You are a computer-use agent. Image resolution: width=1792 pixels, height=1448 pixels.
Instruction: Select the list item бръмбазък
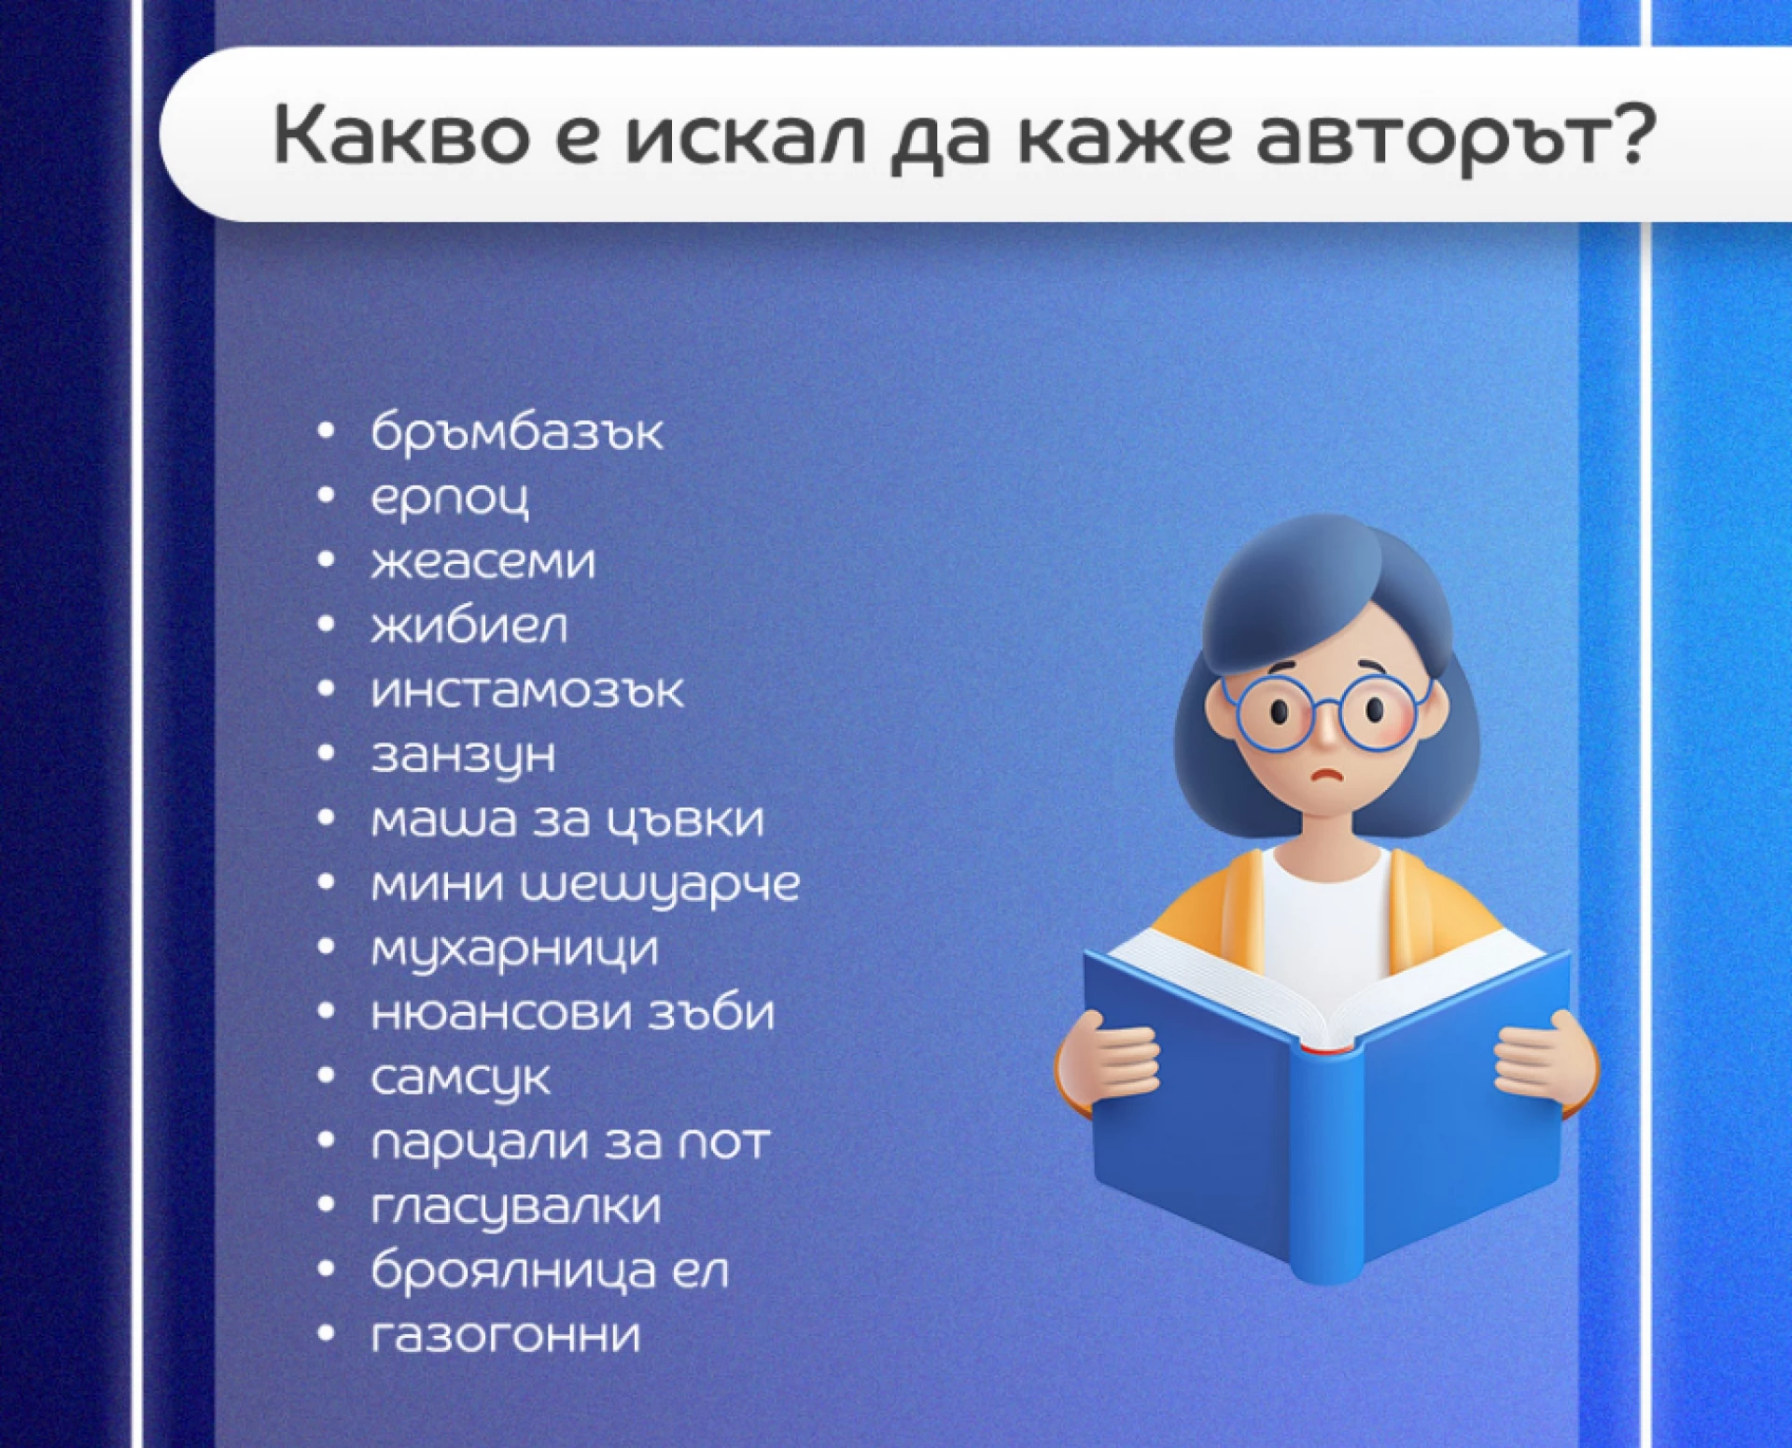click(x=516, y=431)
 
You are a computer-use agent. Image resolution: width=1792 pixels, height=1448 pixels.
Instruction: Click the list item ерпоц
click(x=449, y=499)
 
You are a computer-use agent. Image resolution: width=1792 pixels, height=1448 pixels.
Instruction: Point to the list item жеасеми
click(x=483, y=561)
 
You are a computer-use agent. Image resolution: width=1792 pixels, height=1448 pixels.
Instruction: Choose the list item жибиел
click(x=469, y=626)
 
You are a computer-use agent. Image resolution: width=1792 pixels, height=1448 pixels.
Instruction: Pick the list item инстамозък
click(x=526, y=691)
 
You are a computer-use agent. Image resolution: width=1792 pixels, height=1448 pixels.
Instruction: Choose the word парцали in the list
click(x=482, y=1143)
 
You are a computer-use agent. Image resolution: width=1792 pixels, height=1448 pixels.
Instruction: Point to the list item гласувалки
click(x=515, y=1206)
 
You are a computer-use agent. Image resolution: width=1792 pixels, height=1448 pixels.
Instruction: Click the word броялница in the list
click(x=513, y=1271)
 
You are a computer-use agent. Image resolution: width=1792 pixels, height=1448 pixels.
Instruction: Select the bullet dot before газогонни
click(x=326, y=1333)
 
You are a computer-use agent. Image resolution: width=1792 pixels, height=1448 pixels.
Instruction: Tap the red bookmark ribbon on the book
click(x=1326, y=1050)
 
